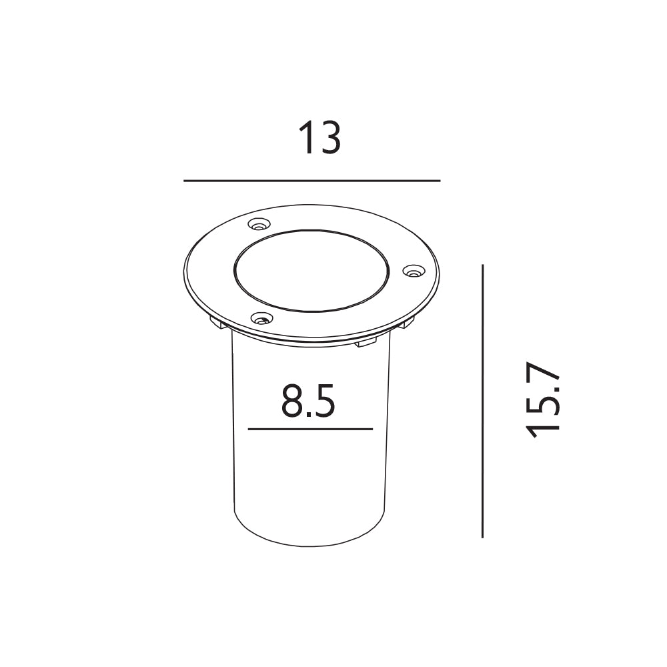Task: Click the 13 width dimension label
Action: [x=320, y=138]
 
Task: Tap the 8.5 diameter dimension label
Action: [x=308, y=400]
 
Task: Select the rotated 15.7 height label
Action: [x=542, y=400]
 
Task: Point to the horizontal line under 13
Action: [x=311, y=181]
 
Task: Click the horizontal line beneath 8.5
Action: [x=311, y=429]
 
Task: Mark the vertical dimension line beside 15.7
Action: [x=482, y=401]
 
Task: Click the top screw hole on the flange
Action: [x=259, y=223]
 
